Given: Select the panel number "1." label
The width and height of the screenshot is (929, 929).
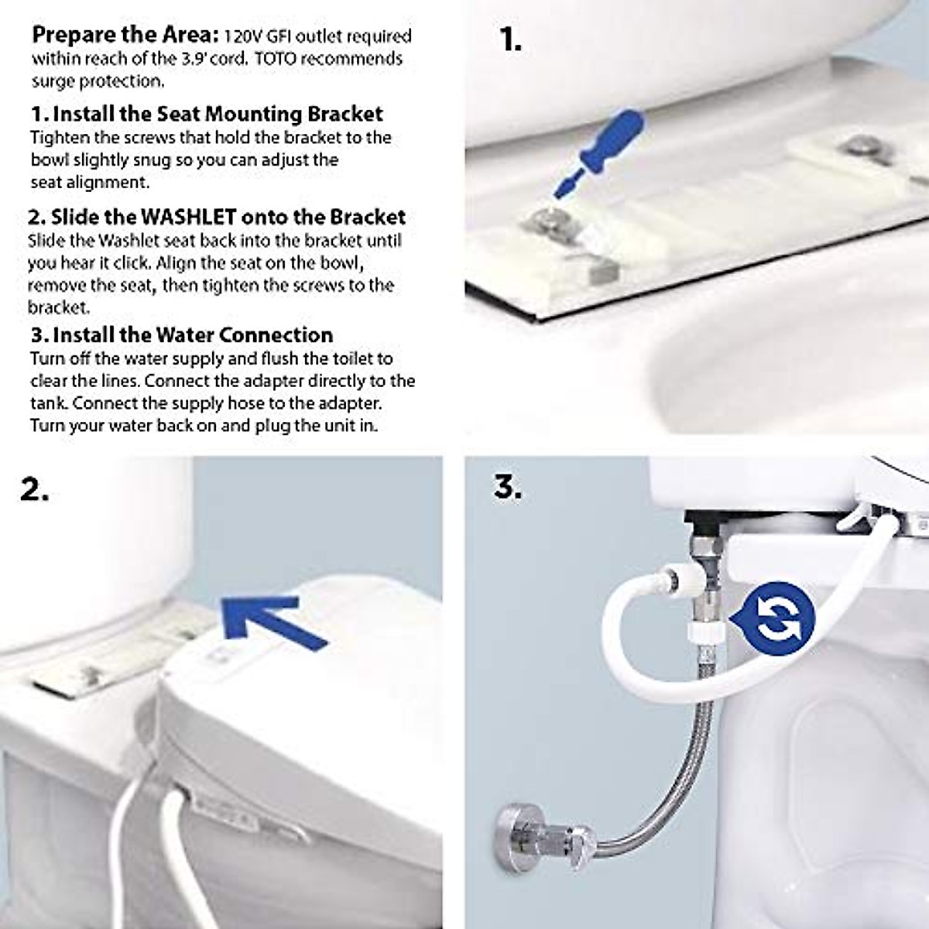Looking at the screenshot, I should pos(510,39).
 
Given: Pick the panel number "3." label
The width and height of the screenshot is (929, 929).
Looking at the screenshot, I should pos(508,487).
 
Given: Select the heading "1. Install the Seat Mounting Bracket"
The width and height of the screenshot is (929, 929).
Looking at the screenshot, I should pos(207,114).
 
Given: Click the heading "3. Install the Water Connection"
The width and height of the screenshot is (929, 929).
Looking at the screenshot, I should pos(182,335).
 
